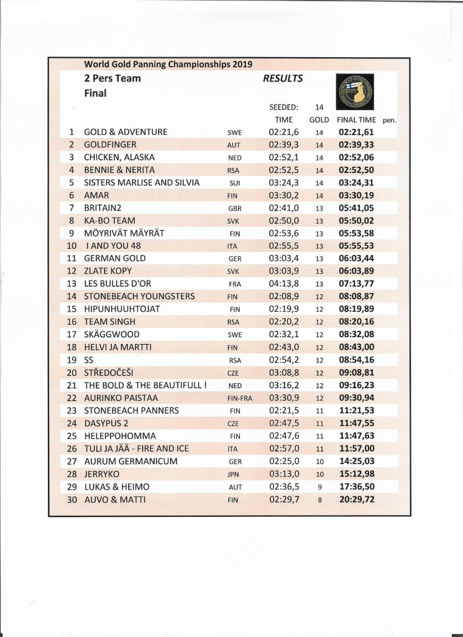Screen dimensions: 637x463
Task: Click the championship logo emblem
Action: click(x=356, y=92)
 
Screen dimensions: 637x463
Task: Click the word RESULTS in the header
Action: click(x=283, y=79)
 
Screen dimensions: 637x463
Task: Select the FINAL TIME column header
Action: click(x=356, y=119)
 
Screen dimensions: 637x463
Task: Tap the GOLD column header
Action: click(x=319, y=119)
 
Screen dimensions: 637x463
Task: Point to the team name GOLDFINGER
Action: click(x=110, y=145)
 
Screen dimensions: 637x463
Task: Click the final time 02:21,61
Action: click(x=356, y=133)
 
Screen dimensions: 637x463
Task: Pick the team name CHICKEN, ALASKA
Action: click(x=119, y=157)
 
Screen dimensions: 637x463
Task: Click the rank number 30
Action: click(x=71, y=499)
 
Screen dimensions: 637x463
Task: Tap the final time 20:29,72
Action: click(x=356, y=500)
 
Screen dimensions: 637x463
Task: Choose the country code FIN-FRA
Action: click(x=239, y=399)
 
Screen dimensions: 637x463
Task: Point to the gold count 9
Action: click(x=319, y=487)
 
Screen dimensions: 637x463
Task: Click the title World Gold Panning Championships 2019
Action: click(x=168, y=64)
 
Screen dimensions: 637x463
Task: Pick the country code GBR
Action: click(x=235, y=209)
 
